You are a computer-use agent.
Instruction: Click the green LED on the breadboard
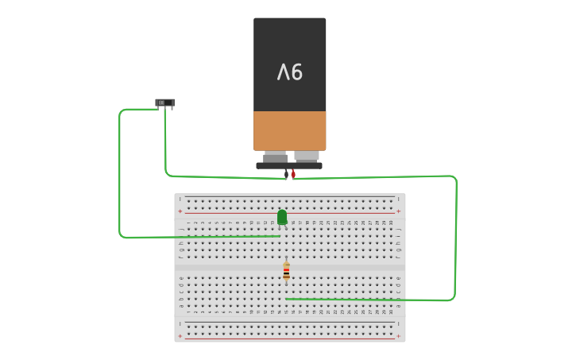282,216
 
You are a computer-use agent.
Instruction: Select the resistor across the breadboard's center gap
286,271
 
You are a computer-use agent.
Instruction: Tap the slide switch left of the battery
165,103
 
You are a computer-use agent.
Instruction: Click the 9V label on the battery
290,72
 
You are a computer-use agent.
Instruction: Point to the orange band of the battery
290,130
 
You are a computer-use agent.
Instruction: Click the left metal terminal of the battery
275,157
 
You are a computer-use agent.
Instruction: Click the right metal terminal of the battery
307,157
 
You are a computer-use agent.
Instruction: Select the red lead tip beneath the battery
293,174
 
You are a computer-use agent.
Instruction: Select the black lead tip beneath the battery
286,174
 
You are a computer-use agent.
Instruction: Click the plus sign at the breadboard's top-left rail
180,211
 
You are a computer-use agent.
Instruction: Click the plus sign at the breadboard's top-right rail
399,211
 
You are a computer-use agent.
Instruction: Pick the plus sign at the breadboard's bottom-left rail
180,336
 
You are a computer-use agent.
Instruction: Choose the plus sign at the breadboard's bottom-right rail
399,336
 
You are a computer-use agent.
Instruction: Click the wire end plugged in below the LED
279,235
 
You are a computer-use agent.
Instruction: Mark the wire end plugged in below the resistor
286,299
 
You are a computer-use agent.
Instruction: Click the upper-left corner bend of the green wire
122,111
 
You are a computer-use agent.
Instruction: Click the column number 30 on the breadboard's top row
392,223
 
